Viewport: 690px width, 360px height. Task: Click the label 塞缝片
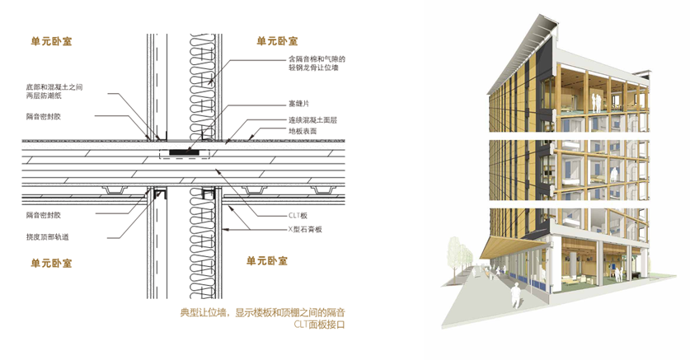click(298, 104)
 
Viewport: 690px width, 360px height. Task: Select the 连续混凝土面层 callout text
click(313, 119)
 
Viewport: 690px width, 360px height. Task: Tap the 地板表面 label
click(303, 131)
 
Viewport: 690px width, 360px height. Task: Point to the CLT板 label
click(298, 215)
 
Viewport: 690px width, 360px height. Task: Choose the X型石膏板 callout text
click(305, 229)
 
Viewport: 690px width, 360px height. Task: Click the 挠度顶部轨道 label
click(48, 237)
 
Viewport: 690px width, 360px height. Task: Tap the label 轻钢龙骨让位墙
click(313, 68)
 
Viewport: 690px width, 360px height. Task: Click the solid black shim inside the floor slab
click(185, 152)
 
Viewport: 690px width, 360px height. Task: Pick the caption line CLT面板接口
click(320, 325)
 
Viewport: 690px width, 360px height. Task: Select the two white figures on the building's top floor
click(596, 102)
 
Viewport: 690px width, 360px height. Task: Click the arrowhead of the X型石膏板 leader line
click(224, 228)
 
